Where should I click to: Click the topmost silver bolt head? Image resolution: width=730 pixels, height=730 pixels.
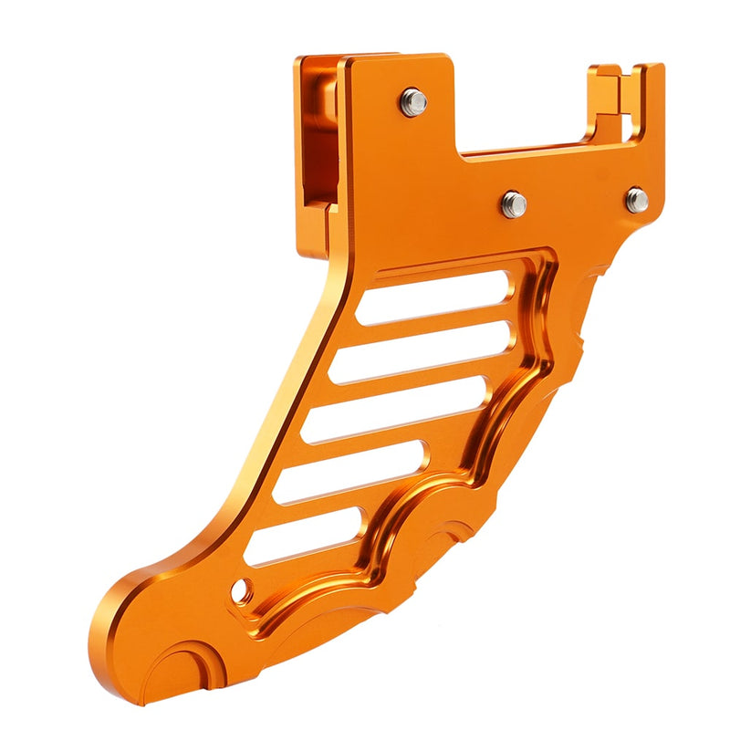point(413,101)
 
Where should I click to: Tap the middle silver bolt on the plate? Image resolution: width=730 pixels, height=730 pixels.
point(513,203)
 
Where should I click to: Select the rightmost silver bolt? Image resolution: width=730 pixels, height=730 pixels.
point(637,200)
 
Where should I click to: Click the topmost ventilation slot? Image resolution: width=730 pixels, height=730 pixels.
point(433,297)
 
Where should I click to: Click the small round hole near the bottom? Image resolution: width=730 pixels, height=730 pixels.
point(241,592)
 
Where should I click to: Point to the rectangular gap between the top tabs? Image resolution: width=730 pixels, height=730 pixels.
point(520,109)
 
